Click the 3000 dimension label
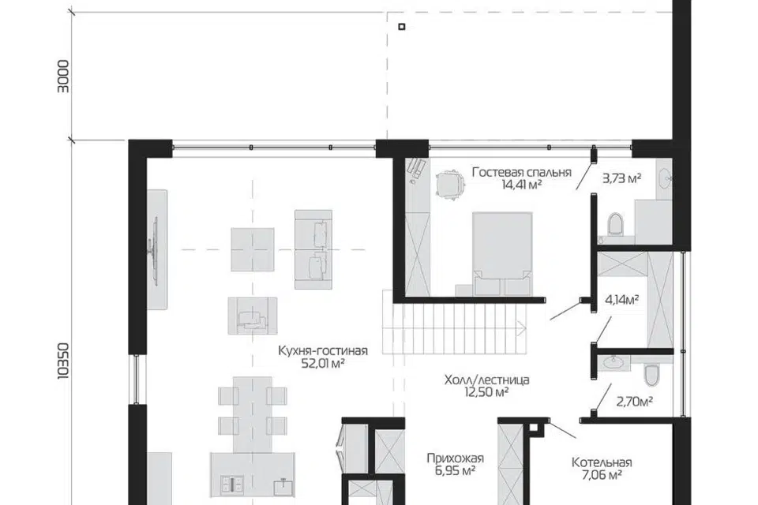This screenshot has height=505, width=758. coord(63,77)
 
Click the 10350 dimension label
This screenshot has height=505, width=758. coord(63,361)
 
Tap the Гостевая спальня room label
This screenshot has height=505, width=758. coord(522,173)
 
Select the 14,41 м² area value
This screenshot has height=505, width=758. coord(522,184)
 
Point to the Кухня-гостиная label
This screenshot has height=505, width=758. coord(323,351)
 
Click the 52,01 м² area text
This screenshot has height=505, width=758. coord(323,364)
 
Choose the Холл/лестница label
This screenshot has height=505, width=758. coord(487,380)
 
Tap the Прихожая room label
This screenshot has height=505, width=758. coord(455,458)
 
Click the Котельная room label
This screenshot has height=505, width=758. coord(602,462)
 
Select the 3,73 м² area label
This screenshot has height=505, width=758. coord(621,179)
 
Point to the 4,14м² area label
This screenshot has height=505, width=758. coord(622,300)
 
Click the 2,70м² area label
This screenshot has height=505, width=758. coord(635,401)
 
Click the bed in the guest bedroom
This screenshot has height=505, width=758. coord(502,254)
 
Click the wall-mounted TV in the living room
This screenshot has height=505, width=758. coord(156,249)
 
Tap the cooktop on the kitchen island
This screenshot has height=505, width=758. coord(232,484)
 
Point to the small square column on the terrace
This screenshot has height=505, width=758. coord(402,27)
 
